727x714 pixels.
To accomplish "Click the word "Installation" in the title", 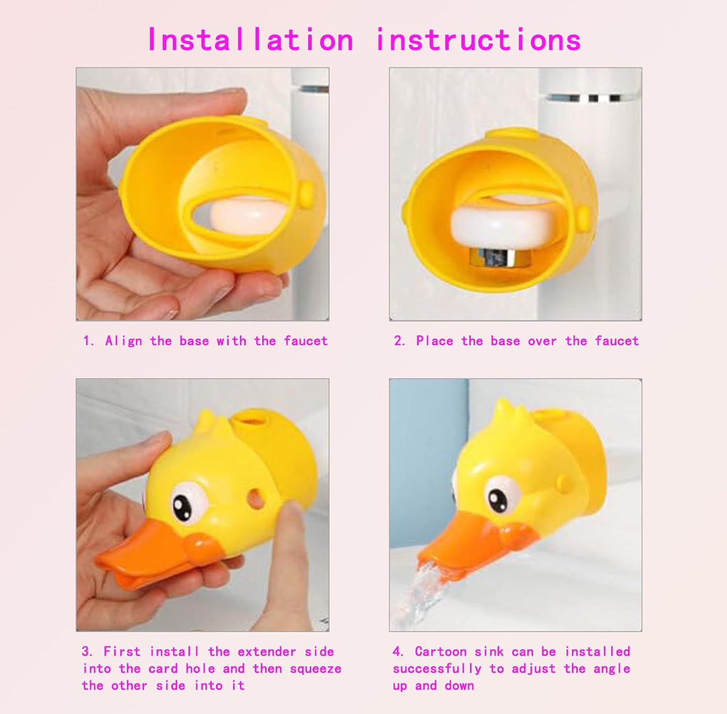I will [250, 40].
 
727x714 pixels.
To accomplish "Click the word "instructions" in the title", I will [478, 40].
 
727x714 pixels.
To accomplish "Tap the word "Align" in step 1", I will [124, 341].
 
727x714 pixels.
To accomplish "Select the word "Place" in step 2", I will [434, 341].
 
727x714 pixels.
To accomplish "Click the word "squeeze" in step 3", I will [316, 669].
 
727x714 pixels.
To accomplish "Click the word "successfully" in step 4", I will [436, 669].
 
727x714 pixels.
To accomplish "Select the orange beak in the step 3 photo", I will [145, 562].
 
